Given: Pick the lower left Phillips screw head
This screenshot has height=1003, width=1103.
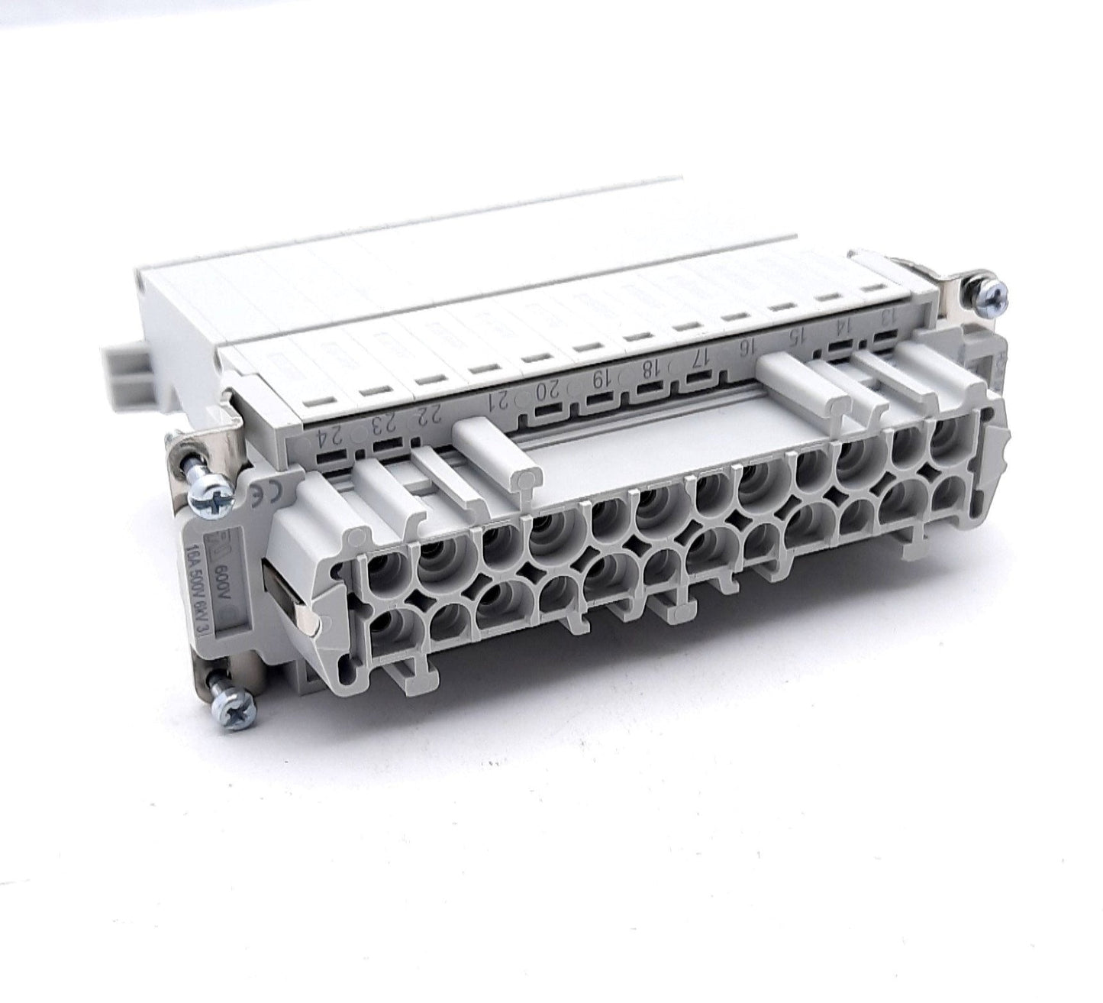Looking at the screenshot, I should (x=240, y=699).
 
